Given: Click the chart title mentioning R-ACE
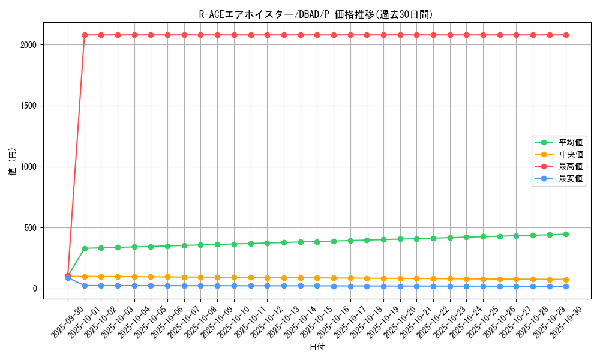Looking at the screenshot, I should [x=316, y=14].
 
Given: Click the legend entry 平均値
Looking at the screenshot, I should [x=571, y=142].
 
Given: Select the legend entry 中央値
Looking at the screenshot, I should [x=571, y=154].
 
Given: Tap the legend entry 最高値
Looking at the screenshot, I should [x=571, y=166].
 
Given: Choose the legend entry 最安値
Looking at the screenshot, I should [x=571, y=178].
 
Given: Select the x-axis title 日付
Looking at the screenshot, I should [x=317, y=347].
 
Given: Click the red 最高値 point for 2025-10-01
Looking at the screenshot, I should [x=85, y=35].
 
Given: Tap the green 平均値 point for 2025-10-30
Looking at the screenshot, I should [x=566, y=234].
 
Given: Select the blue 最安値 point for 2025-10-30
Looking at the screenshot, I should [x=566, y=286].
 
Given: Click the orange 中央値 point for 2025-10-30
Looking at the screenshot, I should [x=566, y=280].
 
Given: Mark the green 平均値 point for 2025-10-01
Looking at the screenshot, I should [x=85, y=248].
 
